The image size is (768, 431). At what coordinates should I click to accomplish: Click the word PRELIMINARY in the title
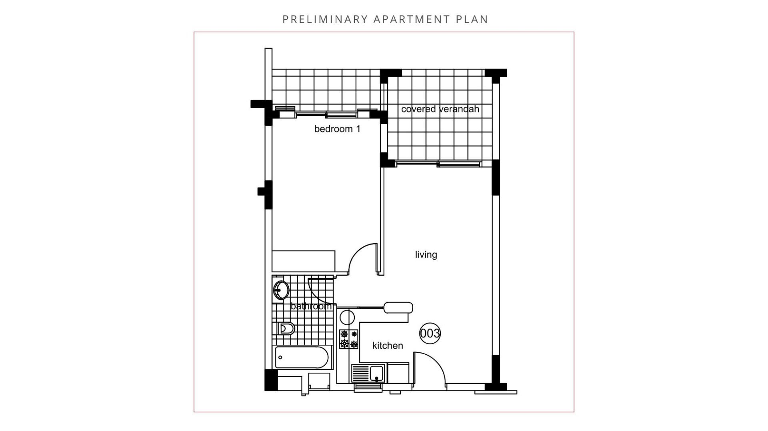click(325, 19)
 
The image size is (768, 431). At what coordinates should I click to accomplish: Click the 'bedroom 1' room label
click(337, 129)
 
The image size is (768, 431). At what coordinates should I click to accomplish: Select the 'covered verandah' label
click(440, 109)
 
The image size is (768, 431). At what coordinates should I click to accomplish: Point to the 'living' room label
click(426, 255)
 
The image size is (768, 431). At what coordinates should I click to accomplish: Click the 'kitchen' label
click(388, 346)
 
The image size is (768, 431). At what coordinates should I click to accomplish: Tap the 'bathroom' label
click(311, 306)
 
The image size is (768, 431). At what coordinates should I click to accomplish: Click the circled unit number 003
click(430, 333)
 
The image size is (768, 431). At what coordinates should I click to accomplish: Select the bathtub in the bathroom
click(304, 358)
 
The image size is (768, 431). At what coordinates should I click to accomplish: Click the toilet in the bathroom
click(286, 329)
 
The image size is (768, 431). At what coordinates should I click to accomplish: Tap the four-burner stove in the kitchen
click(349, 339)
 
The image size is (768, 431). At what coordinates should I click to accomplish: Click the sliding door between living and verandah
click(438, 163)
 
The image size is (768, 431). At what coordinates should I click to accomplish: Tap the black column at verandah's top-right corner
click(496, 73)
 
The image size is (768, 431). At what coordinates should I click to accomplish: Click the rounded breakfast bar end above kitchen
click(398, 308)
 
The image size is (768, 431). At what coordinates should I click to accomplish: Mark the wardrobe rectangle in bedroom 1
click(304, 261)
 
